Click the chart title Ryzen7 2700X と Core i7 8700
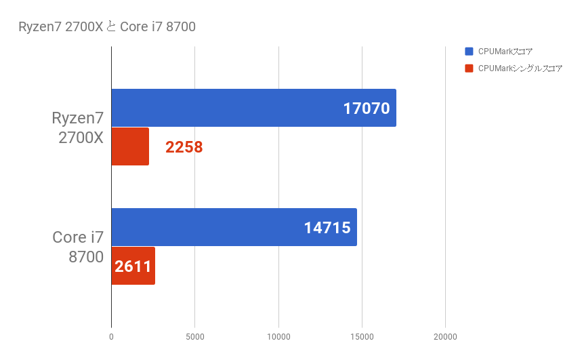pyautogui.click(x=107, y=27)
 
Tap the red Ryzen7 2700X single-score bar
pyautogui.click(x=129, y=146)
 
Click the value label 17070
pyautogui.click(x=367, y=108)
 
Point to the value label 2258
pyautogui.click(x=184, y=146)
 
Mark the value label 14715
pyautogui.click(x=327, y=227)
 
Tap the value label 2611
pyautogui.click(x=133, y=266)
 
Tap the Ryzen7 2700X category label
pyautogui.click(x=77, y=127)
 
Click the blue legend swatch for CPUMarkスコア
pyautogui.click(x=469, y=52)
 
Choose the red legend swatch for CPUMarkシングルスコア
pyautogui.click(x=469, y=68)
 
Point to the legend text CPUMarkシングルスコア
pyautogui.click(x=520, y=68)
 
